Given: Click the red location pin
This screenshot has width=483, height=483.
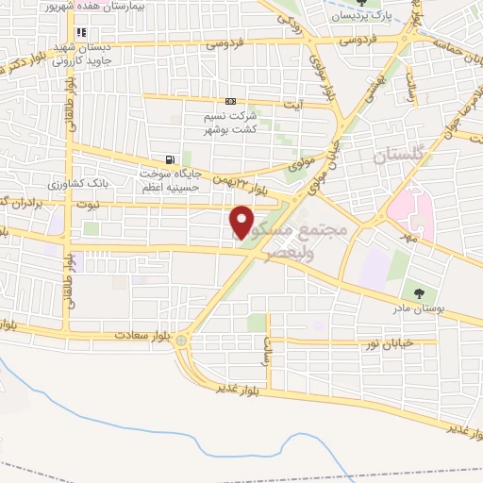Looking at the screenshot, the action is coord(241,223).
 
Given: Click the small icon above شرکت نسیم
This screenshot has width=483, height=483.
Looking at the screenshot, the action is coord(230,101).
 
